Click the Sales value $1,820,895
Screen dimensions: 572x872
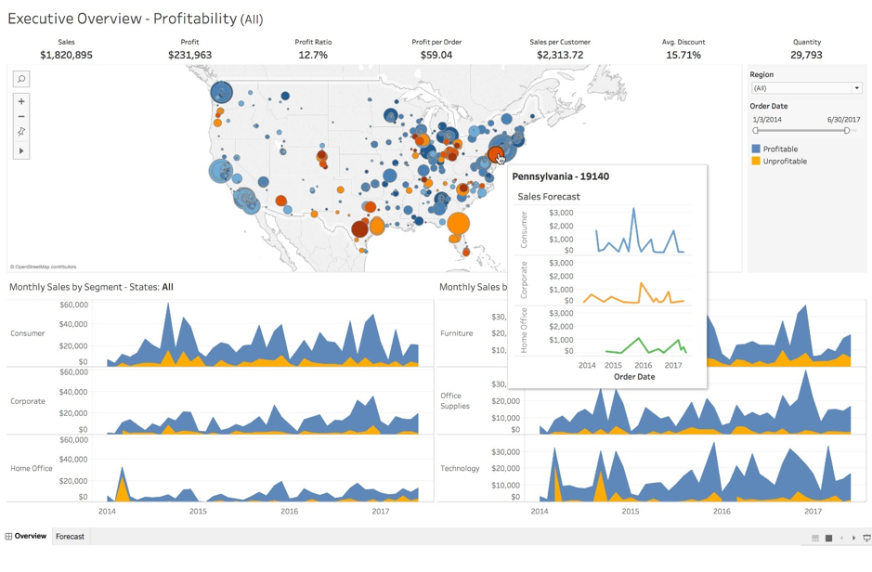(66, 55)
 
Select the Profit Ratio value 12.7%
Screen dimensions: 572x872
(313, 55)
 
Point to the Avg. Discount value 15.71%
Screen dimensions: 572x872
(683, 55)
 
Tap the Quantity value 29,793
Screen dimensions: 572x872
(806, 55)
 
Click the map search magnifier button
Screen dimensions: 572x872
(21, 79)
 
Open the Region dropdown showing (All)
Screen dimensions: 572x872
(806, 88)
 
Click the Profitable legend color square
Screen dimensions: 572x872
(756, 149)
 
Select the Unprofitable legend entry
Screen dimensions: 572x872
(784, 162)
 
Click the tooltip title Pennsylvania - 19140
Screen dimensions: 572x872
(560, 176)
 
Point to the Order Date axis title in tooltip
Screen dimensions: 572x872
(634, 377)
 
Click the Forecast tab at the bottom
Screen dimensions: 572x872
(70, 537)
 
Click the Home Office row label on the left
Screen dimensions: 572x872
(32, 469)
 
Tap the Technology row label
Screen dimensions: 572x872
(460, 469)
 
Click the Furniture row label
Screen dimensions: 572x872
(456, 333)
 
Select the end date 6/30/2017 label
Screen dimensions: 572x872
(843, 120)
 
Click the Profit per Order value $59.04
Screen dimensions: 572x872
(436, 55)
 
